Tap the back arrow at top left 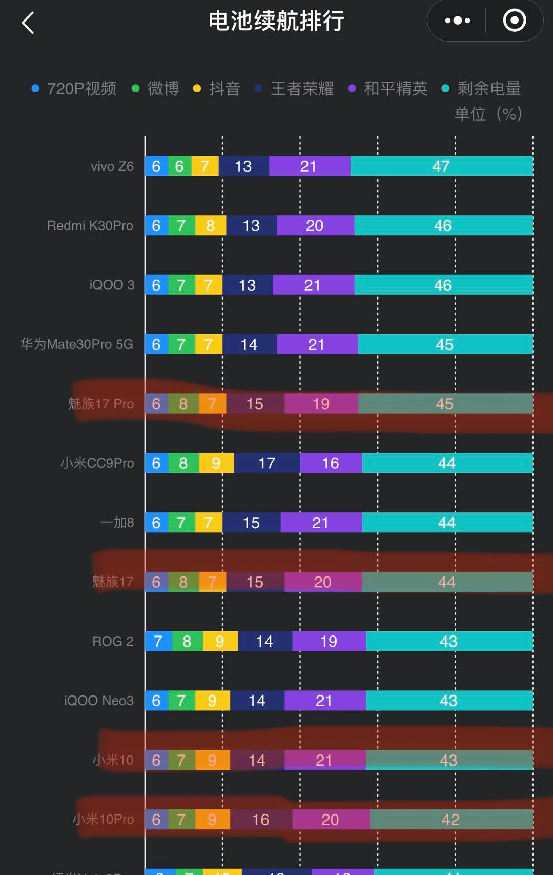click(28, 23)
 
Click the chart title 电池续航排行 click(276, 22)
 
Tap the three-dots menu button click(457, 21)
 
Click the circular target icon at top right click(514, 21)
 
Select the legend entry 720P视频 click(74, 89)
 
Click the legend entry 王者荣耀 click(295, 89)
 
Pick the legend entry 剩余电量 click(481, 89)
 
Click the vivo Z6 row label click(112, 166)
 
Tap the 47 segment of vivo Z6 click(441, 166)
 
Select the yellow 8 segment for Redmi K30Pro click(210, 226)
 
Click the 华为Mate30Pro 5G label click(77, 344)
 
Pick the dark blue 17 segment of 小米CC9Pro click(267, 463)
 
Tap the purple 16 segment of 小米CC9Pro click(331, 463)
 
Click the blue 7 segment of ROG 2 click(157, 642)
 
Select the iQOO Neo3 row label click(98, 701)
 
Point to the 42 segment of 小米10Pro click(450, 820)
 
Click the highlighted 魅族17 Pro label click(101, 404)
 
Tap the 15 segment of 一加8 click(251, 523)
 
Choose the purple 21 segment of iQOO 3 click(313, 285)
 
